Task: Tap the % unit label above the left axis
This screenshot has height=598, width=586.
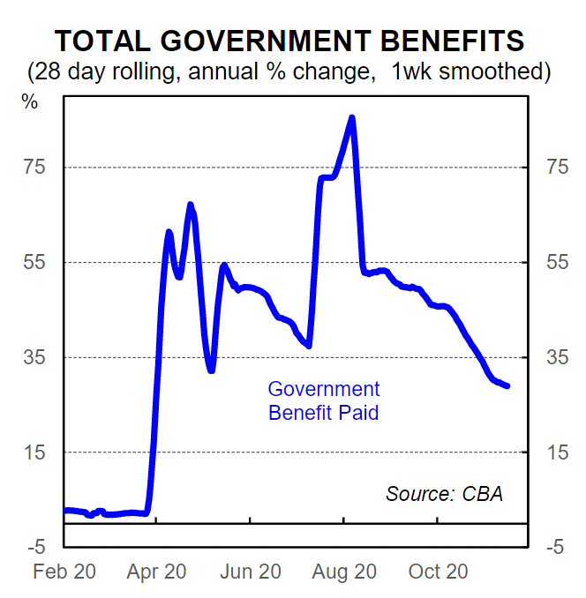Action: point(30,101)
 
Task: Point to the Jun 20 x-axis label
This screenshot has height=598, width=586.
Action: point(251,572)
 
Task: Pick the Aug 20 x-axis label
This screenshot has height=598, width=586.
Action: point(345,572)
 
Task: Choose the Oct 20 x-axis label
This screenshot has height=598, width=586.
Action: point(437,572)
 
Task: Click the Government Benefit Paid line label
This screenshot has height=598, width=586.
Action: point(324,400)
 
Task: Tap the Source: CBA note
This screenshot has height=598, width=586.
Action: point(444,494)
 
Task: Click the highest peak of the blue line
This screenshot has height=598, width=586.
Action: point(352,118)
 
